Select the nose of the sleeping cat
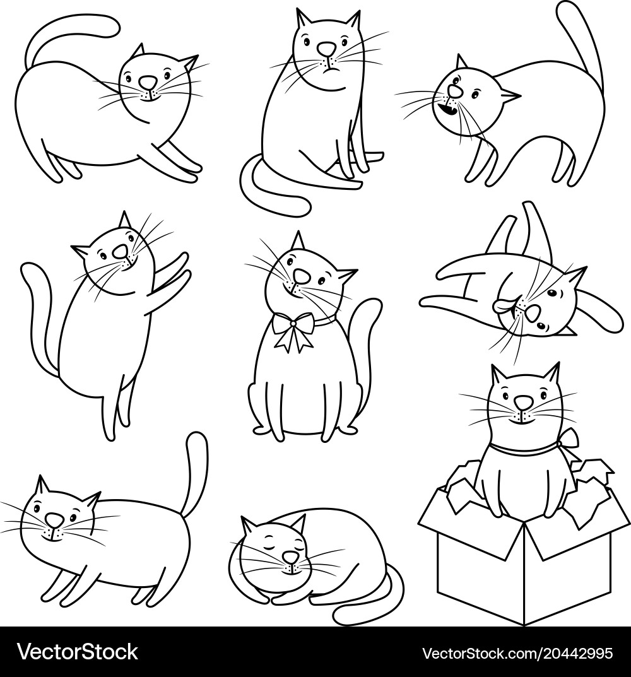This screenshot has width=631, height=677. [290, 558]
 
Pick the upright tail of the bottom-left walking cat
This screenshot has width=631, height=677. [196, 473]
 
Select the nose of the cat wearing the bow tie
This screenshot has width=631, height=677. [302, 276]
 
